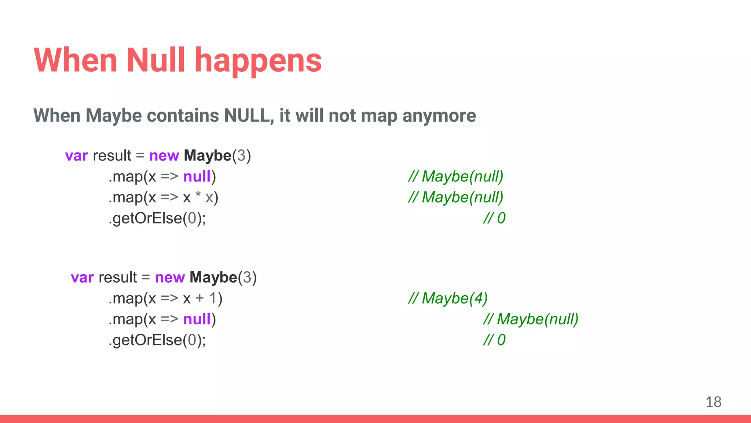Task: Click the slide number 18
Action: pyautogui.click(x=713, y=402)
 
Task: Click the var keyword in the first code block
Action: pyautogui.click(x=76, y=156)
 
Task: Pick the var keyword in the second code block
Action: pyautogui.click(x=82, y=278)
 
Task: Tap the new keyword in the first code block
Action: pyautogui.click(x=164, y=156)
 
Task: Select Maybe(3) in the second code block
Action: pyautogui.click(x=223, y=278)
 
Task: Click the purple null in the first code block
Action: pyautogui.click(x=197, y=177)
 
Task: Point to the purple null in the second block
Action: pyautogui.click(x=197, y=319)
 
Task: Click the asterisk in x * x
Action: pyautogui.click(x=198, y=195)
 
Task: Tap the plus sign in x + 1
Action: pyautogui.click(x=199, y=298)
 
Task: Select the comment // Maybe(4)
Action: pyautogui.click(x=448, y=298)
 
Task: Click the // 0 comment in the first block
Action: pyautogui.click(x=494, y=218)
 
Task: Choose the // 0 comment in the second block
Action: pyautogui.click(x=494, y=340)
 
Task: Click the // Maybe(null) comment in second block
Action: pyautogui.click(x=531, y=319)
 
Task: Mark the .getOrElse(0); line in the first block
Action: pyautogui.click(x=157, y=218)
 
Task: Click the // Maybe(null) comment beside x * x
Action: pyautogui.click(x=455, y=198)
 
